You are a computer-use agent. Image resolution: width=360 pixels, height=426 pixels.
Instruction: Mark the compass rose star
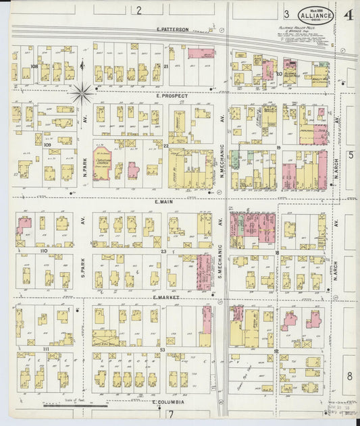click(82, 92)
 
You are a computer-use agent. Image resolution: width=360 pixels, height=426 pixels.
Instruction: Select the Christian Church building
click(103, 163)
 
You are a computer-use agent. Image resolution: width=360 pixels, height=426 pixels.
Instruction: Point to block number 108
click(34, 67)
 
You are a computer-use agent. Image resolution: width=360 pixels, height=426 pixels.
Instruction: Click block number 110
click(45, 250)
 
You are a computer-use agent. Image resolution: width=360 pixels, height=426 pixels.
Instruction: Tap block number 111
click(46, 348)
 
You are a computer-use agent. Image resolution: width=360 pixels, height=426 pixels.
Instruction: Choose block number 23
click(163, 251)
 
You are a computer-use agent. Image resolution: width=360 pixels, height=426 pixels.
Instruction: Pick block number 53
click(163, 350)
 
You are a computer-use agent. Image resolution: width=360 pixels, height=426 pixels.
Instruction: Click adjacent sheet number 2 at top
click(138, 9)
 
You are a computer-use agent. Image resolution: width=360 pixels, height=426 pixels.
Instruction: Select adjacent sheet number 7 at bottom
click(172, 415)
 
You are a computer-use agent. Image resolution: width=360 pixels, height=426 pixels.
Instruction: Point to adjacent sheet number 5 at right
click(351, 155)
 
